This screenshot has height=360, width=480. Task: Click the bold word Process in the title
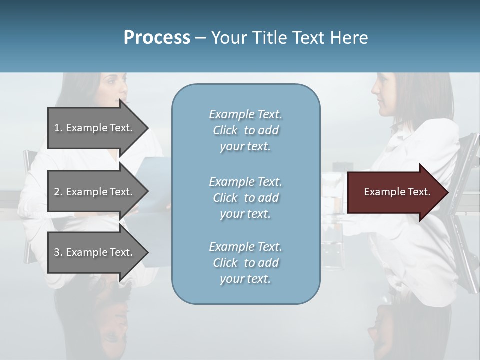[157, 38]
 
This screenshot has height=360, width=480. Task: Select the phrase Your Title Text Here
[290, 38]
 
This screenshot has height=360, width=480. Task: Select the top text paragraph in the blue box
[245, 130]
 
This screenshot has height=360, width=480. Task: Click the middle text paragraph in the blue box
[245, 198]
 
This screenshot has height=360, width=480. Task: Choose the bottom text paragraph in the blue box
[245, 263]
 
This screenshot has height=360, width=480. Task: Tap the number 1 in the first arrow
[57, 128]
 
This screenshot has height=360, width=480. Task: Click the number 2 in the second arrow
[57, 192]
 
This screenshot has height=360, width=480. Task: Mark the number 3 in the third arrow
[57, 252]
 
